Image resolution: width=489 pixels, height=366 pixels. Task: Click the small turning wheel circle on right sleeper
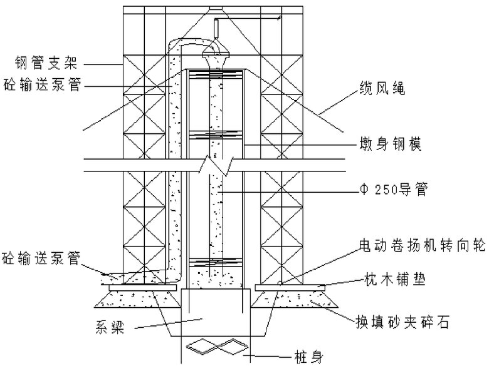[x=279, y=283]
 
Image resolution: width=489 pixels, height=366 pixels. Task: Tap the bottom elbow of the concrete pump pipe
[x=171, y=270]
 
